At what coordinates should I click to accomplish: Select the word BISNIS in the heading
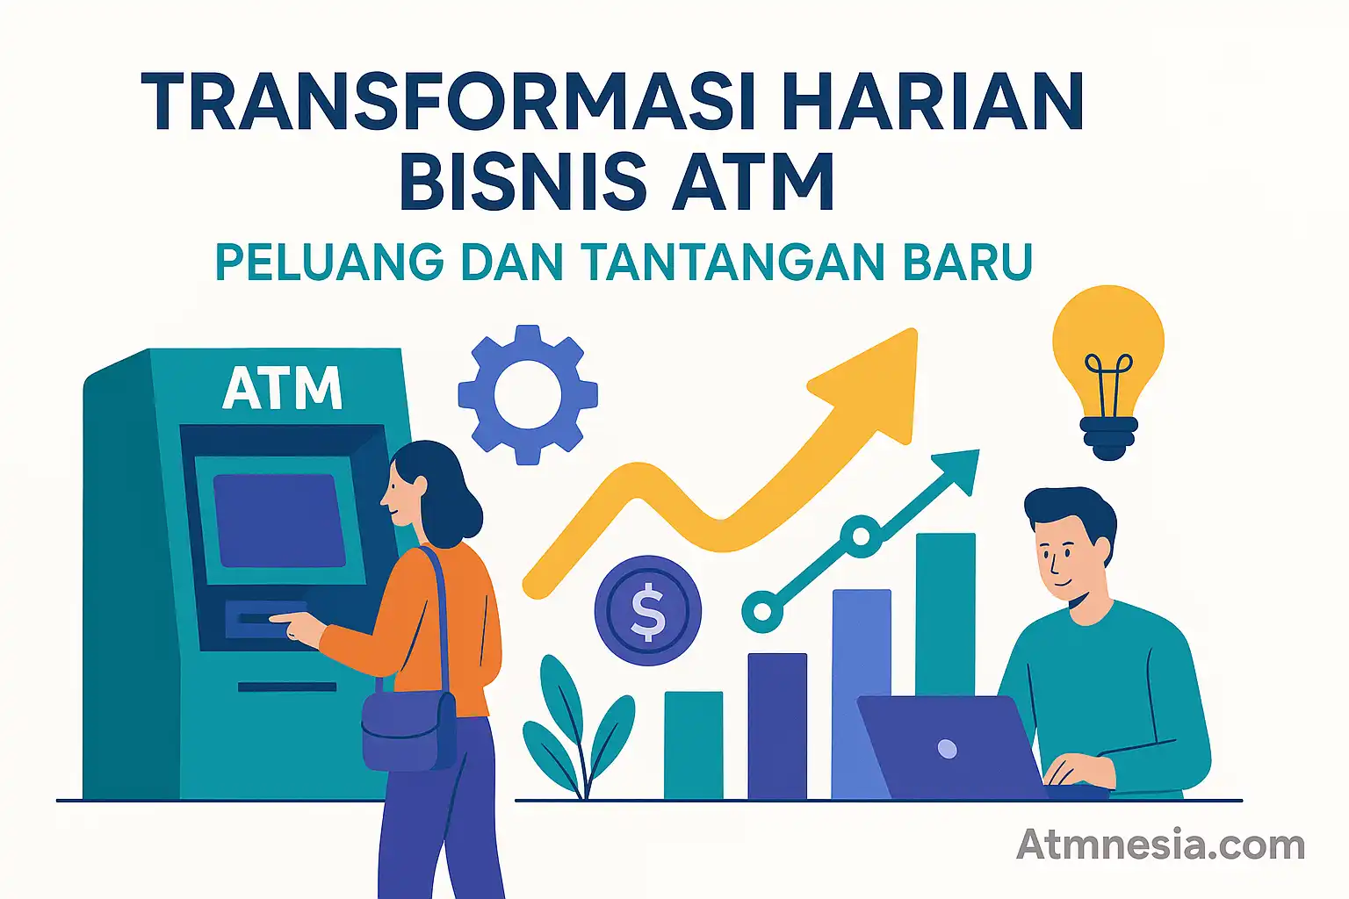(x=523, y=182)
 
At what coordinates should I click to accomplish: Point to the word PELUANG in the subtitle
(x=329, y=262)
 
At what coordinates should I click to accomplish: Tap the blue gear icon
(x=528, y=394)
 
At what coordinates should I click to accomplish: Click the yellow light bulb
(x=1108, y=360)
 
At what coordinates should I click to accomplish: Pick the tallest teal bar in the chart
(x=946, y=615)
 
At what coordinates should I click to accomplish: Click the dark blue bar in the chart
(x=777, y=725)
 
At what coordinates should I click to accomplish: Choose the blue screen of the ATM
(x=279, y=520)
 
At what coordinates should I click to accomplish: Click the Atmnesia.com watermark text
(x=1160, y=845)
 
